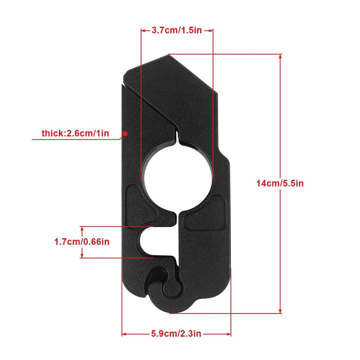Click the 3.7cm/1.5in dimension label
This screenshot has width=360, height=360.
[177, 31]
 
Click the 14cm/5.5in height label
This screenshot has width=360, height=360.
[280, 184]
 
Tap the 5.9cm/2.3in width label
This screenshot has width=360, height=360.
[176, 334]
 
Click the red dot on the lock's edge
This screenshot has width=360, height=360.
[126, 133]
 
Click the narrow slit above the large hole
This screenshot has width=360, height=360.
[178, 135]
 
